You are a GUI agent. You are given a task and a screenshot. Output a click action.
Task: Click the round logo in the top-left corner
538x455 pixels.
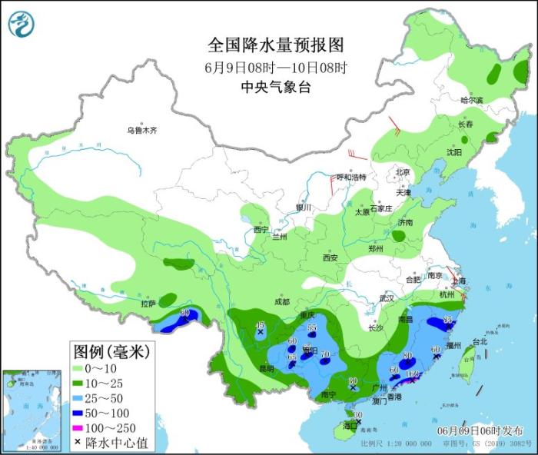(22, 24)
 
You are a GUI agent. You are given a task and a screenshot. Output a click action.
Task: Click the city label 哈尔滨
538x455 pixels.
(472, 101)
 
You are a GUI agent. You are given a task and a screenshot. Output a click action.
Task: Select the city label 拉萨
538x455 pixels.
(148, 304)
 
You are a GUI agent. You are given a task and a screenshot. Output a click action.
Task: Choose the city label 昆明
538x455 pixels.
(266, 368)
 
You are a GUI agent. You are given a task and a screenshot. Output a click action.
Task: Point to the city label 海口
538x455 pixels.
(350, 425)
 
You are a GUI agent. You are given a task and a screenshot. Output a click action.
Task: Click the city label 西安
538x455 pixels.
(330, 257)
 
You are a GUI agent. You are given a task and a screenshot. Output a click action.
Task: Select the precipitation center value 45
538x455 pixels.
(260, 325)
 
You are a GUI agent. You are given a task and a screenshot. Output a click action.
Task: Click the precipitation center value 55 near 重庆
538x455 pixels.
(312, 328)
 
